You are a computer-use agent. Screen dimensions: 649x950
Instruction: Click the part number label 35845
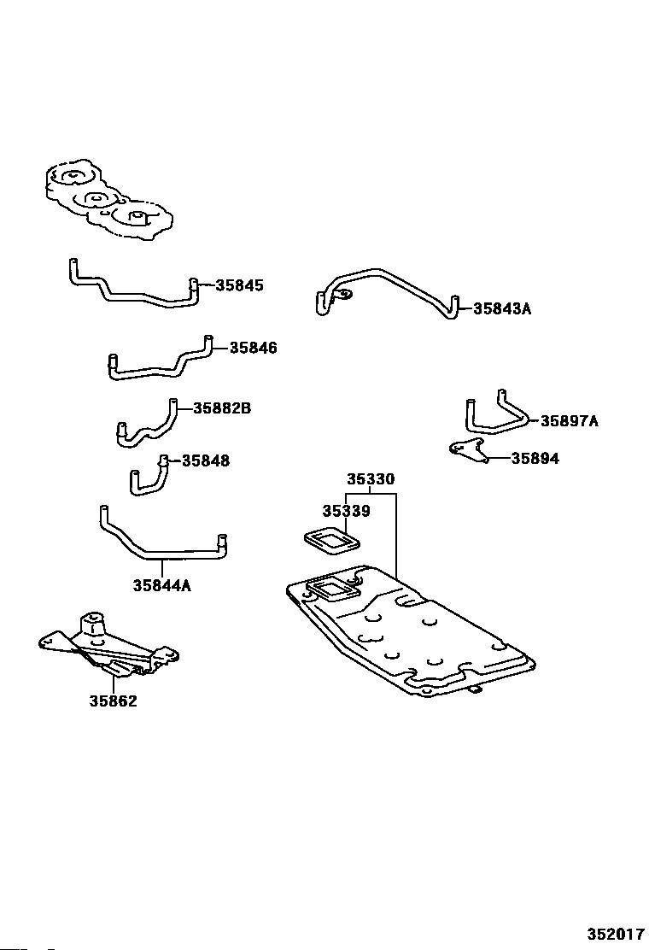point(240,285)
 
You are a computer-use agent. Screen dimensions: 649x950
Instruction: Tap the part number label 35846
point(253,348)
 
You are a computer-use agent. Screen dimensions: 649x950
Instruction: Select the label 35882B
point(221,408)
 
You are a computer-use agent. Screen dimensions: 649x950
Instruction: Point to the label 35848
point(206,461)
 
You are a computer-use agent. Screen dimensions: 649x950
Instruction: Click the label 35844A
point(162,586)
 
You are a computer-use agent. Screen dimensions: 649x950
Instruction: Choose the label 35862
point(114,701)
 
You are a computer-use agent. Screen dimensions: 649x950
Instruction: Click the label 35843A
point(502,309)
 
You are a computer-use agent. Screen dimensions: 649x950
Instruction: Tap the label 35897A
point(569,421)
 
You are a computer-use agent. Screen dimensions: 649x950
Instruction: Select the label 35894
point(535,459)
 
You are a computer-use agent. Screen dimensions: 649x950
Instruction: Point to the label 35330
point(371,479)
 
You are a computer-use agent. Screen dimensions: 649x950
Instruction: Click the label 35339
point(347,512)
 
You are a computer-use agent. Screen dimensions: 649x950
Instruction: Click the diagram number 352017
point(616,934)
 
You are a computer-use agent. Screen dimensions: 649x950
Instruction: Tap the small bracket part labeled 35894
point(469,451)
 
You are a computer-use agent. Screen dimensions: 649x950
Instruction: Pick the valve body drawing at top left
point(108,201)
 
